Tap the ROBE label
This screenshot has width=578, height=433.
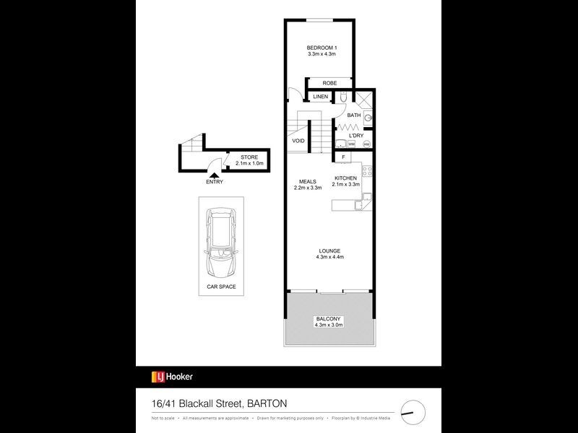[x=329, y=83]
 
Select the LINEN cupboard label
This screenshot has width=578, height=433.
[x=321, y=97]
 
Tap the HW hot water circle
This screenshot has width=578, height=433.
[x=366, y=144]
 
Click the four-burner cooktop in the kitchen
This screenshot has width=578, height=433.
[x=366, y=172]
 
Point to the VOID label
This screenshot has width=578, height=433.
[x=298, y=141]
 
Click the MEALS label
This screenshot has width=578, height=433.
[x=307, y=180]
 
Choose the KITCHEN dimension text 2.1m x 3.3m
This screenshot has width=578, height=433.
[x=345, y=184]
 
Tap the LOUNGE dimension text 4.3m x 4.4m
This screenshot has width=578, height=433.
[x=329, y=257]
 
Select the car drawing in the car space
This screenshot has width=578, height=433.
[x=221, y=242]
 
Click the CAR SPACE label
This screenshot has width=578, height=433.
[x=221, y=287]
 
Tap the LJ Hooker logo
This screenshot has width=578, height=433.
[x=172, y=376]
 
